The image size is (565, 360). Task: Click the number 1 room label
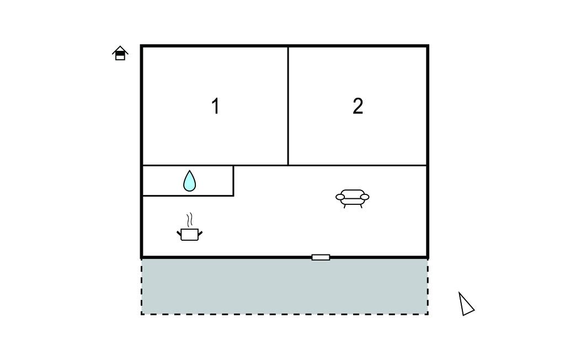pyautogui.click(x=216, y=107)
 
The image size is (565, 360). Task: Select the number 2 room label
pyautogui.click(x=358, y=107)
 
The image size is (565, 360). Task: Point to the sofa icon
pyautogui.click(x=353, y=198)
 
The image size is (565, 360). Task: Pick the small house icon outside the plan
pyautogui.click(x=120, y=53)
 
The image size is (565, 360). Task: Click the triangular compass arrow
pyautogui.click(x=465, y=304)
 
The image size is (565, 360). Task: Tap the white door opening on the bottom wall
pyautogui.click(x=321, y=257)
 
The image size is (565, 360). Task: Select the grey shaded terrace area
pyautogui.click(x=285, y=287)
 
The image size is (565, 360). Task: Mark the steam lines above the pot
pyautogui.click(x=190, y=220)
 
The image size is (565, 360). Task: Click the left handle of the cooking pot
pyautogui.click(x=179, y=234)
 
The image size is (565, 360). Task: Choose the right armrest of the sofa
pyautogui.click(x=365, y=197)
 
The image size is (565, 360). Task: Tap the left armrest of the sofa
pyautogui.click(x=340, y=197)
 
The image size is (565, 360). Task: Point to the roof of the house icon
pyautogui.click(x=120, y=50)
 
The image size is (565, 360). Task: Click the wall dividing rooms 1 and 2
pyautogui.click(x=288, y=106)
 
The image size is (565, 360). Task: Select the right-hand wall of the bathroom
pyautogui.click(x=233, y=181)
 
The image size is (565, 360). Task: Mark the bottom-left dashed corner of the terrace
pyautogui.click(x=142, y=314)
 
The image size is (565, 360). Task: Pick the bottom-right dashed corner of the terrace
pyautogui.click(x=428, y=314)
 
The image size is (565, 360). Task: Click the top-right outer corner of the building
pyautogui.click(x=428, y=45)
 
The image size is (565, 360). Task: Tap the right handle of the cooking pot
pyautogui.click(x=200, y=234)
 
